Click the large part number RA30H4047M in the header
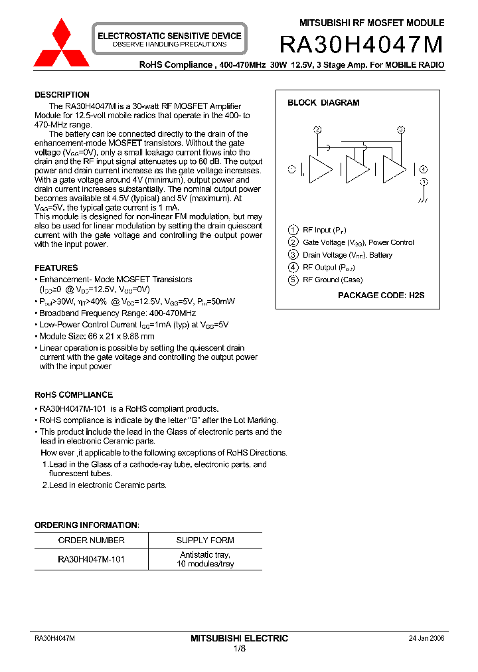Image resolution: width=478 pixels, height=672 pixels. pyautogui.click(x=361, y=44)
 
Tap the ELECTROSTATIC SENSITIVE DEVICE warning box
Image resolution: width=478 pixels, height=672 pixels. pyautogui.click(x=169, y=39)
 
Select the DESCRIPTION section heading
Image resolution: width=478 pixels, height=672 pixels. pyautogui.click(x=62, y=95)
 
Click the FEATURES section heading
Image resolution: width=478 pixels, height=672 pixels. pyautogui.click(x=56, y=268)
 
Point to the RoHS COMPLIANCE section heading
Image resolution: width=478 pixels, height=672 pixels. pyautogui.click(x=74, y=395)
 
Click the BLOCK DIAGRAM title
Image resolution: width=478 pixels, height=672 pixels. pyautogui.click(x=323, y=103)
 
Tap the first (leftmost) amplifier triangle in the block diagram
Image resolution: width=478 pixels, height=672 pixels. pyautogui.click(x=320, y=170)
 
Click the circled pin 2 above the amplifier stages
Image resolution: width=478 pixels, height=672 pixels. pyautogui.click(x=318, y=129)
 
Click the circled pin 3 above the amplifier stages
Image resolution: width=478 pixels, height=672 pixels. pyautogui.click(x=401, y=129)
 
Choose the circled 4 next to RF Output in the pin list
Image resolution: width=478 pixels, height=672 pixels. pyautogui.click(x=293, y=268)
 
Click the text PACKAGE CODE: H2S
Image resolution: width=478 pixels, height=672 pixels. pyautogui.click(x=381, y=295)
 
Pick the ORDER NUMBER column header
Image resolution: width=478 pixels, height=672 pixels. pyautogui.click(x=91, y=541)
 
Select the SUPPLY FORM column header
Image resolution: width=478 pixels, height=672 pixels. pyautogui.click(x=205, y=541)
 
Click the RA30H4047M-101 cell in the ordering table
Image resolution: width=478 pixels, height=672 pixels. pyautogui.click(x=91, y=559)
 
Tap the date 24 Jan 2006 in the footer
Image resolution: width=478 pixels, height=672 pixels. pyautogui.click(x=426, y=638)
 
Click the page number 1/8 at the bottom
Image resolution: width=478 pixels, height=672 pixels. pyautogui.click(x=239, y=648)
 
